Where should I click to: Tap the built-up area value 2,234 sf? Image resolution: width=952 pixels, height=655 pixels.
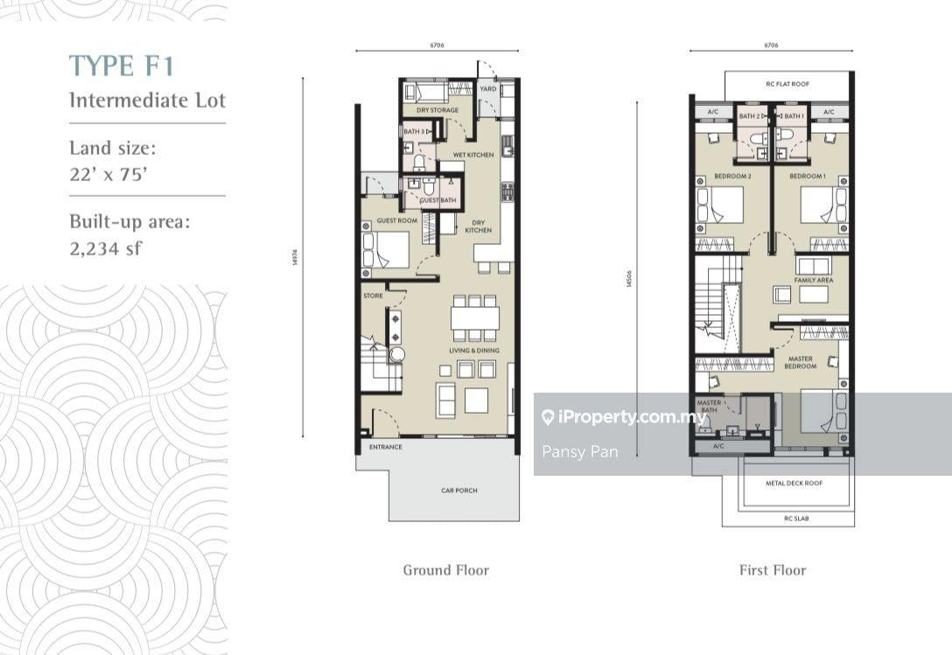click(x=105, y=248)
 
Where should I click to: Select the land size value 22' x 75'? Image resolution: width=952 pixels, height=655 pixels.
click(x=108, y=173)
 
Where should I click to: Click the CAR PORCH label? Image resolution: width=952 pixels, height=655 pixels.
click(x=459, y=491)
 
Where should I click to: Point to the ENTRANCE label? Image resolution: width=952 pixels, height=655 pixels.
click(x=385, y=447)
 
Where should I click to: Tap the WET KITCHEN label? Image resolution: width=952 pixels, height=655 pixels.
click(x=472, y=155)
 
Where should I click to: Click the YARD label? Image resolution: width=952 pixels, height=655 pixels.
click(x=488, y=89)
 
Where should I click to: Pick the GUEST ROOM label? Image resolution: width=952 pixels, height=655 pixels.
click(x=396, y=220)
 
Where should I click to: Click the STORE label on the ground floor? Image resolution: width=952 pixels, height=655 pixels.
click(x=374, y=296)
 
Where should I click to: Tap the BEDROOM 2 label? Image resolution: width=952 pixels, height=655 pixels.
click(x=732, y=177)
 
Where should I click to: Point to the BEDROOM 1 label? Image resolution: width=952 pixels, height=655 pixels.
click(x=808, y=177)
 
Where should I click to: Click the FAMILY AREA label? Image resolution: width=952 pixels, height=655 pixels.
click(x=814, y=281)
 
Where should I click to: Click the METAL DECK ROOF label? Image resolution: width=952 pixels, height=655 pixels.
click(x=794, y=483)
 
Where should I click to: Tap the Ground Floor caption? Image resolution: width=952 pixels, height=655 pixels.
click(x=445, y=570)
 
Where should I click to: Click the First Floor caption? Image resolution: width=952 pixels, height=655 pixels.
click(x=772, y=570)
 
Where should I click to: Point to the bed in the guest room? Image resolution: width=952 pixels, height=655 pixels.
click(x=385, y=249)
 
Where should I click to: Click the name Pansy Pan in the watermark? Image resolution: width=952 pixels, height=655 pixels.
click(x=579, y=451)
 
